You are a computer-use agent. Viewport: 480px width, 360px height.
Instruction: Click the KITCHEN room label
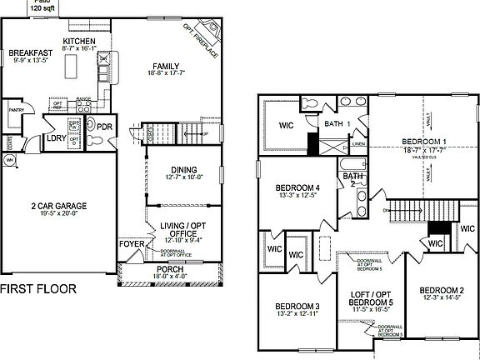pos(79,41)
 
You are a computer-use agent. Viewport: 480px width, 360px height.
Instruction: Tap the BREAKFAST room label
pos(31,52)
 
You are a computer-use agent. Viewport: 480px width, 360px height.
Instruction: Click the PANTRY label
pos(15,109)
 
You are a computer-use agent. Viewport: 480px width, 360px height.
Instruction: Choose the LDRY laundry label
pos(56,137)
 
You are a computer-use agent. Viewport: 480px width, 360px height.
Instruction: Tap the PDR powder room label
pos(104,127)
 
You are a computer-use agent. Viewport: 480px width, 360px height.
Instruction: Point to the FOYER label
pos(132,244)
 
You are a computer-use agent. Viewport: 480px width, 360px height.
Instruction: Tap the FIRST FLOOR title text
pos(37,289)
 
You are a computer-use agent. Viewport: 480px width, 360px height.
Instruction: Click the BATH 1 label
pos(335,124)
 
